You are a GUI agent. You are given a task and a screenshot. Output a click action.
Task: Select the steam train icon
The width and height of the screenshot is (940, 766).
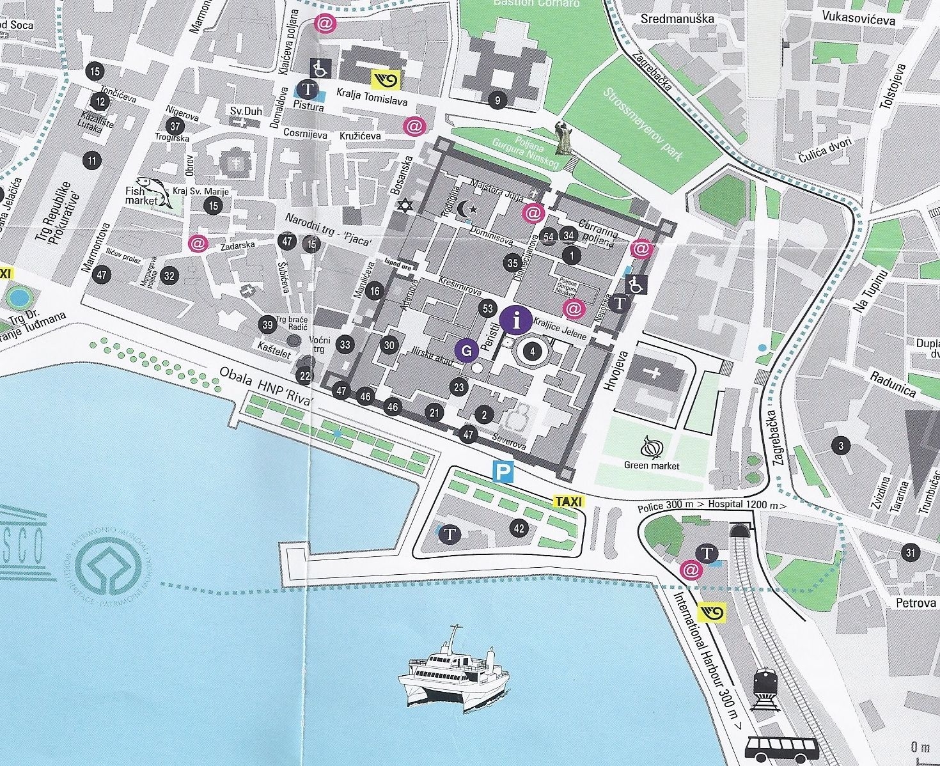pyautogui.click(x=765, y=689)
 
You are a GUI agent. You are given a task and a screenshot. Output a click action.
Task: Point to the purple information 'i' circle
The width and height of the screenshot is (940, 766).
pyautogui.click(x=517, y=319)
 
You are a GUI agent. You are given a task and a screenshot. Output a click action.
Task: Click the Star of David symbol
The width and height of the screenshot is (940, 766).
pyautogui.click(x=403, y=205)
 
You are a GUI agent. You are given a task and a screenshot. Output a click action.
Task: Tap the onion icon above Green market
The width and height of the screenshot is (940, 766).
pyautogui.click(x=652, y=447)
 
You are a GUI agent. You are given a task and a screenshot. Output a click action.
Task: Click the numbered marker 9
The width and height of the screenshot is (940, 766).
pyautogui.click(x=497, y=100)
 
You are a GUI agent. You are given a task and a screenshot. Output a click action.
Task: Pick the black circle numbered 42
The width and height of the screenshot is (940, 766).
pyautogui.click(x=519, y=528)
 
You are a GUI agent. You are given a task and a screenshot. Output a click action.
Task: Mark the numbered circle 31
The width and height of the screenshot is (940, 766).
pyautogui.click(x=911, y=552)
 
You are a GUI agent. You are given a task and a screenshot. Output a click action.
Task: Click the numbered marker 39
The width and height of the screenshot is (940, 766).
pyautogui.click(x=268, y=325)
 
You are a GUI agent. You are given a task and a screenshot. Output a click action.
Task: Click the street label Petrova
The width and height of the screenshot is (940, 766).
pyautogui.click(x=915, y=602)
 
